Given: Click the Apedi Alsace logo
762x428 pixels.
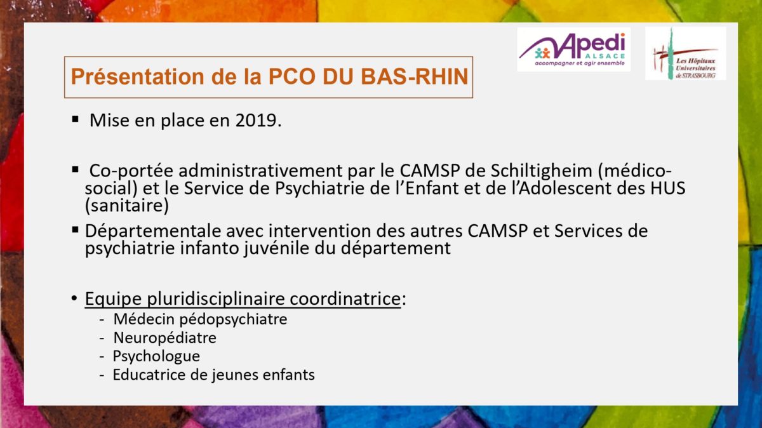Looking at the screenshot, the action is click(573, 50).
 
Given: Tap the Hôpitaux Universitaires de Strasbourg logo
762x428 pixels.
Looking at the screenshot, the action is click(685, 53).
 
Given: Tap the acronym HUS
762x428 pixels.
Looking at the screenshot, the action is click(667, 188).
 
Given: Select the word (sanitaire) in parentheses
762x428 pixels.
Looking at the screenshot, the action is click(126, 206).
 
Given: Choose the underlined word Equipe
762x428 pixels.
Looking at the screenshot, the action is click(113, 299).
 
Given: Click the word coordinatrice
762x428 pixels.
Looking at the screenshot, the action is click(345, 298).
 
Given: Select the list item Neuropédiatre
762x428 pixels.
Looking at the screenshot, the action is click(164, 338).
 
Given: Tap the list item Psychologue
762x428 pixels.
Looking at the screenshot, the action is click(156, 356).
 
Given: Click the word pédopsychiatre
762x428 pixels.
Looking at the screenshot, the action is click(234, 319).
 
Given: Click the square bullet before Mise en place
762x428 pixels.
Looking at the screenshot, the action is click(75, 119).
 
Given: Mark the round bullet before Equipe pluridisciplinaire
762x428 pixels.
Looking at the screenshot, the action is click(74, 298).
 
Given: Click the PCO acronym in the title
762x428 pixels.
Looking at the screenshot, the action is click(293, 77).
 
